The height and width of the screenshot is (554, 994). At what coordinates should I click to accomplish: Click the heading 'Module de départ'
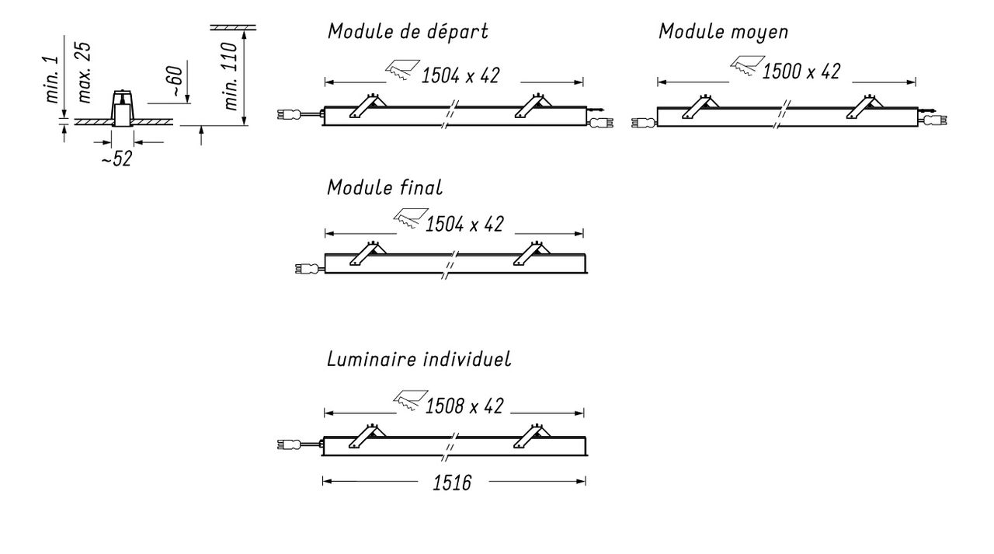tap(408, 32)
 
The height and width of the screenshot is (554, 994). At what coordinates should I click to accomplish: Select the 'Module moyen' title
tap(723, 32)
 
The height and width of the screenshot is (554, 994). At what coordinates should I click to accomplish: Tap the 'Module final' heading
tap(384, 187)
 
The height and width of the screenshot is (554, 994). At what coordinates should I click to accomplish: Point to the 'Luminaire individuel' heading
tap(419, 359)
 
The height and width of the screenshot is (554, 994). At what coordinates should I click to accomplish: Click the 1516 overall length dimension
tap(452, 483)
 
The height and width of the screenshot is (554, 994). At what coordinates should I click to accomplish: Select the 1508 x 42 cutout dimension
tap(464, 406)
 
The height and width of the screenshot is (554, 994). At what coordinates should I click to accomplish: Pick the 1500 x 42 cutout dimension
tap(801, 71)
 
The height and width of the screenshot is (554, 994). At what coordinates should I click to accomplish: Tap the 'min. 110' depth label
tap(231, 76)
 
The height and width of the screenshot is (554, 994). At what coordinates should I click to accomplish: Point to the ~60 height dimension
tap(176, 82)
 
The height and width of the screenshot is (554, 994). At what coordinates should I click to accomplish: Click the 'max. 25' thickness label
tap(84, 73)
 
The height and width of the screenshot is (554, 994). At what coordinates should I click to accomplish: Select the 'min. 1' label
tap(52, 79)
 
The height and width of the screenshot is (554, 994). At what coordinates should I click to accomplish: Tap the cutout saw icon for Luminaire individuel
tap(411, 400)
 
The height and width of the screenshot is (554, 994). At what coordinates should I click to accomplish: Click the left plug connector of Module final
tap(307, 268)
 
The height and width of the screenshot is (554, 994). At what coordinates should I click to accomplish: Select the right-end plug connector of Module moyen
tap(936, 120)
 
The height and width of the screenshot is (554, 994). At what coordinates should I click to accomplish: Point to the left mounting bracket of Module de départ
tap(367, 106)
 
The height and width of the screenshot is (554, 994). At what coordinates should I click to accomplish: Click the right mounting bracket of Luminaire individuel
tap(531, 436)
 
